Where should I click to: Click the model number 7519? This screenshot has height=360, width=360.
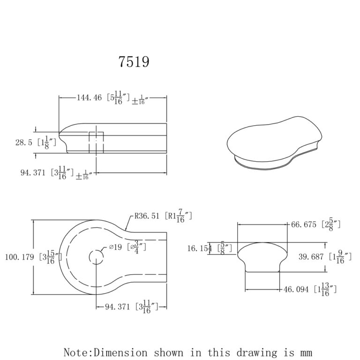pyautogui.click(x=134, y=62)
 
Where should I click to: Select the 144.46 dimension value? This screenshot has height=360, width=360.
pyautogui.click(x=89, y=97)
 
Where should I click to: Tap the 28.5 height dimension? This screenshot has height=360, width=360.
pyautogui.click(x=24, y=142)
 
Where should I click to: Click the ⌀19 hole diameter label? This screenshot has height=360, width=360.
pyautogui.click(x=116, y=247)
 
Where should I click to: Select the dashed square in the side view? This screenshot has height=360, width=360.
pyautogui.click(x=96, y=142)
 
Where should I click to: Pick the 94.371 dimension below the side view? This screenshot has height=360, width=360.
pyautogui.click(x=35, y=172)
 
